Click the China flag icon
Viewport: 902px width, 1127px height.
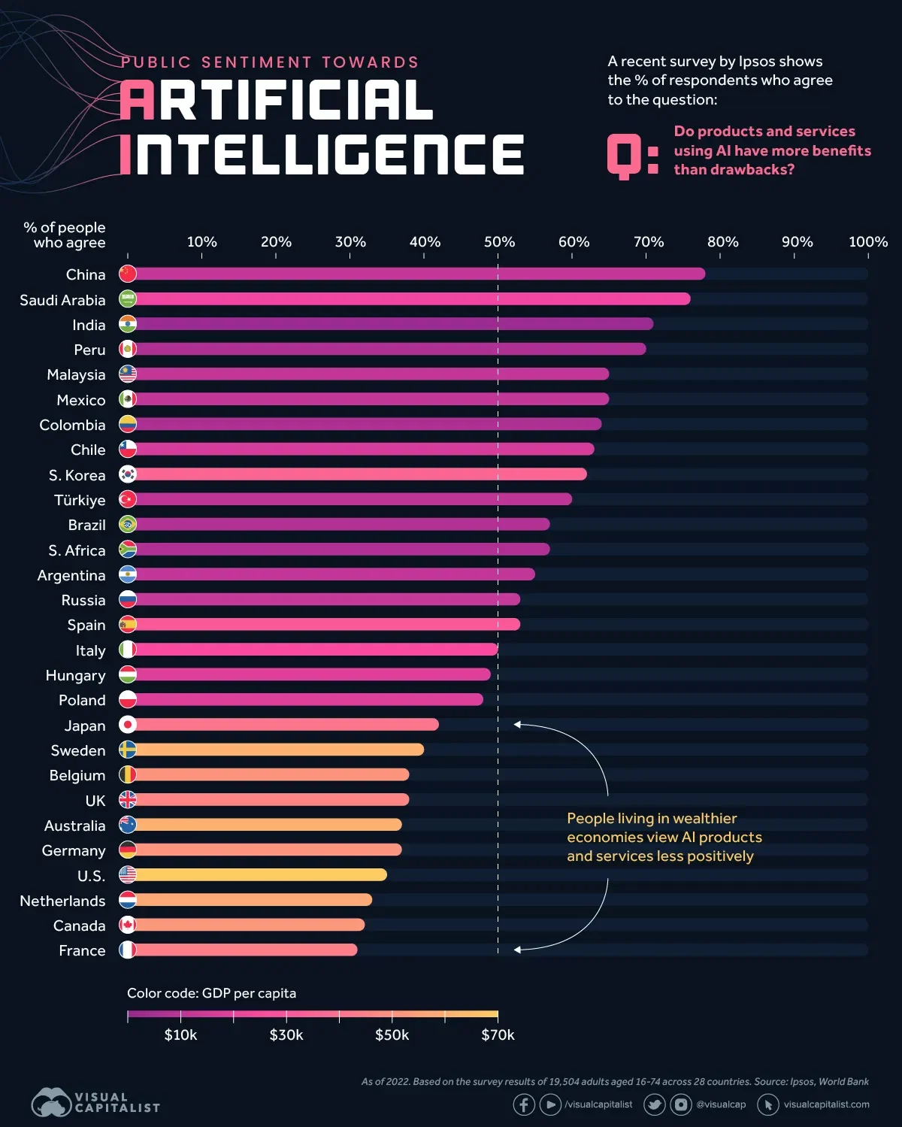tap(128, 274)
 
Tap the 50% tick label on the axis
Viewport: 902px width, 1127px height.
tap(499, 242)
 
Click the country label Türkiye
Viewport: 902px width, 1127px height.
tap(80, 500)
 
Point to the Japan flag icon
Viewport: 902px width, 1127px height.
tap(128, 725)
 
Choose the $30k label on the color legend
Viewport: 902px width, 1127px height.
tap(286, 1035)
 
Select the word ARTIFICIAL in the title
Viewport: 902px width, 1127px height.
tap(277, 101)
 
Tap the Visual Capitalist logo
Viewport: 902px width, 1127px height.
tap(95, 1102)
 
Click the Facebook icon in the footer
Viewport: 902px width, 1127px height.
tap(524, 1104)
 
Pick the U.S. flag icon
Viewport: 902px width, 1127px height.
tap(128, 875)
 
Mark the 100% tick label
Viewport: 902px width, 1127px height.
tap(867, 242)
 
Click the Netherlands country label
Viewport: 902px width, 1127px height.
tap(62, 901)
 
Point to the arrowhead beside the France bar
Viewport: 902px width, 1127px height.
tap(517, 950)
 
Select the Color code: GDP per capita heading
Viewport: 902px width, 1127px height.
tap(211, 993)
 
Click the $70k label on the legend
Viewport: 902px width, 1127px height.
tap(498, 1035)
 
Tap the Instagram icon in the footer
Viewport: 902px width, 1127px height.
tap(680, 1104)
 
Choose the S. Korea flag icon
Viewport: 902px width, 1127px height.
tap(128, 474)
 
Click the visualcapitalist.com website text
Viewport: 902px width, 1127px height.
tap(826, 1104)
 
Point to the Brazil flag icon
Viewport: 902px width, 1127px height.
tap(128, 525)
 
